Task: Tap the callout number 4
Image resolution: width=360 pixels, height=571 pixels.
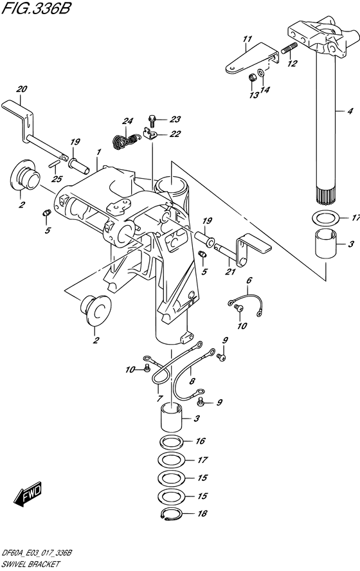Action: [x=350, y=111]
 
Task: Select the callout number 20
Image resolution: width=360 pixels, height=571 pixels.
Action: [x=22, y=89]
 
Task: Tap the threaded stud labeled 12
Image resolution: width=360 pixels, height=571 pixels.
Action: [x=289, y=48]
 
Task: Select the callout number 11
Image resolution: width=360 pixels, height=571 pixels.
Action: [x=248, y=39]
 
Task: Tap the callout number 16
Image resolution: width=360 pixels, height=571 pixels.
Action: [x=201, y=441]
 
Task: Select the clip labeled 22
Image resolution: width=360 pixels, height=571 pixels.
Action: [x=150, y=134]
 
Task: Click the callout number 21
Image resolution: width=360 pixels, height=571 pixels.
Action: [x=230, y=271]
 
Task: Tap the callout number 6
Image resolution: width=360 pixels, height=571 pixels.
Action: [x=249, y=280]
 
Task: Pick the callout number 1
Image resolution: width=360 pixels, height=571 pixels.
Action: [x=99, y=152]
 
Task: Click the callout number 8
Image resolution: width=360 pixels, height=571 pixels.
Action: [x=192, y=381]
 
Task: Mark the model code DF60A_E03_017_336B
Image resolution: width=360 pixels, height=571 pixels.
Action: [x=37, y=553]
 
